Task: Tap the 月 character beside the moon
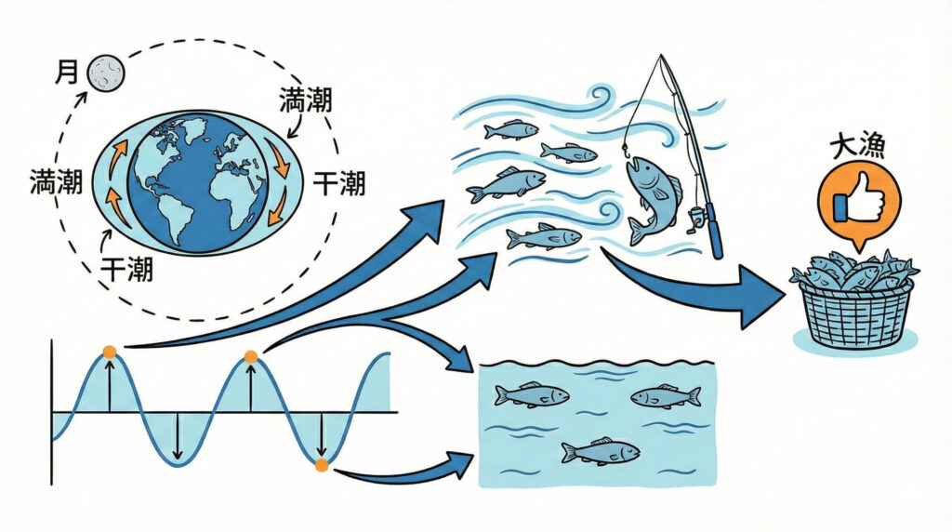tap(67, 73)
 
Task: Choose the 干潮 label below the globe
tap(127, 272)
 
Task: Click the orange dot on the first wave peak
tap(110, 352)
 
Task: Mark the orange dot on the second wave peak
tap(250, 356)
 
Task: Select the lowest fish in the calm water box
tap(601, 451)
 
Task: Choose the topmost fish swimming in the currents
tap(511, 129)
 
